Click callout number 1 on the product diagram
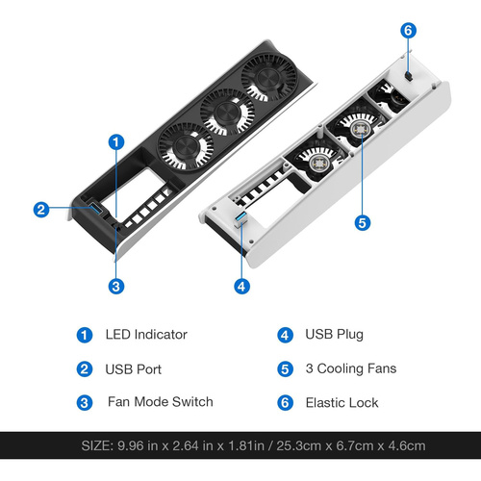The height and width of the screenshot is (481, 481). (116, 142)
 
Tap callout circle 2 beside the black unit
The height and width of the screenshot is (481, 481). (41, 210)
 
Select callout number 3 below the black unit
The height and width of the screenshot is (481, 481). (116, 287)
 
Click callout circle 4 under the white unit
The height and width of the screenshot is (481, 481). (241, 287)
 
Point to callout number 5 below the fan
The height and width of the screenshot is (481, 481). (363, 223)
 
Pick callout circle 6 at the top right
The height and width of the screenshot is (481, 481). (408, 31)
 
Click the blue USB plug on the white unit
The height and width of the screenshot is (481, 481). (240, 217)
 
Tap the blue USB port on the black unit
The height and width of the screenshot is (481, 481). (96, 209)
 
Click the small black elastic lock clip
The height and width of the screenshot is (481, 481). (409, 77)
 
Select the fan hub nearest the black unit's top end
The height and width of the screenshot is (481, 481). (268, 78)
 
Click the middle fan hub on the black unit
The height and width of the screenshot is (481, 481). (227, 113)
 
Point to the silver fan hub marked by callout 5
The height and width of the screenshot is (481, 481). (362, 129)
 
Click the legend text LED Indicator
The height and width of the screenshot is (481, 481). (146, 335)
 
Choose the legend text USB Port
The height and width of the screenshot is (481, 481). (133, 369)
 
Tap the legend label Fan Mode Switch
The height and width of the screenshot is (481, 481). (161, 402)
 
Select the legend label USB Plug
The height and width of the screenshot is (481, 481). (334, 335)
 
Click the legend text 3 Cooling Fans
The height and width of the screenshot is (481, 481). (351, 368)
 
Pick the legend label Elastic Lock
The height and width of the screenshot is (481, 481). (342, 403)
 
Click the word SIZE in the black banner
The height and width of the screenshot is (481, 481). (97, 445)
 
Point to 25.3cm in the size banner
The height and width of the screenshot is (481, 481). (298, 445)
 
